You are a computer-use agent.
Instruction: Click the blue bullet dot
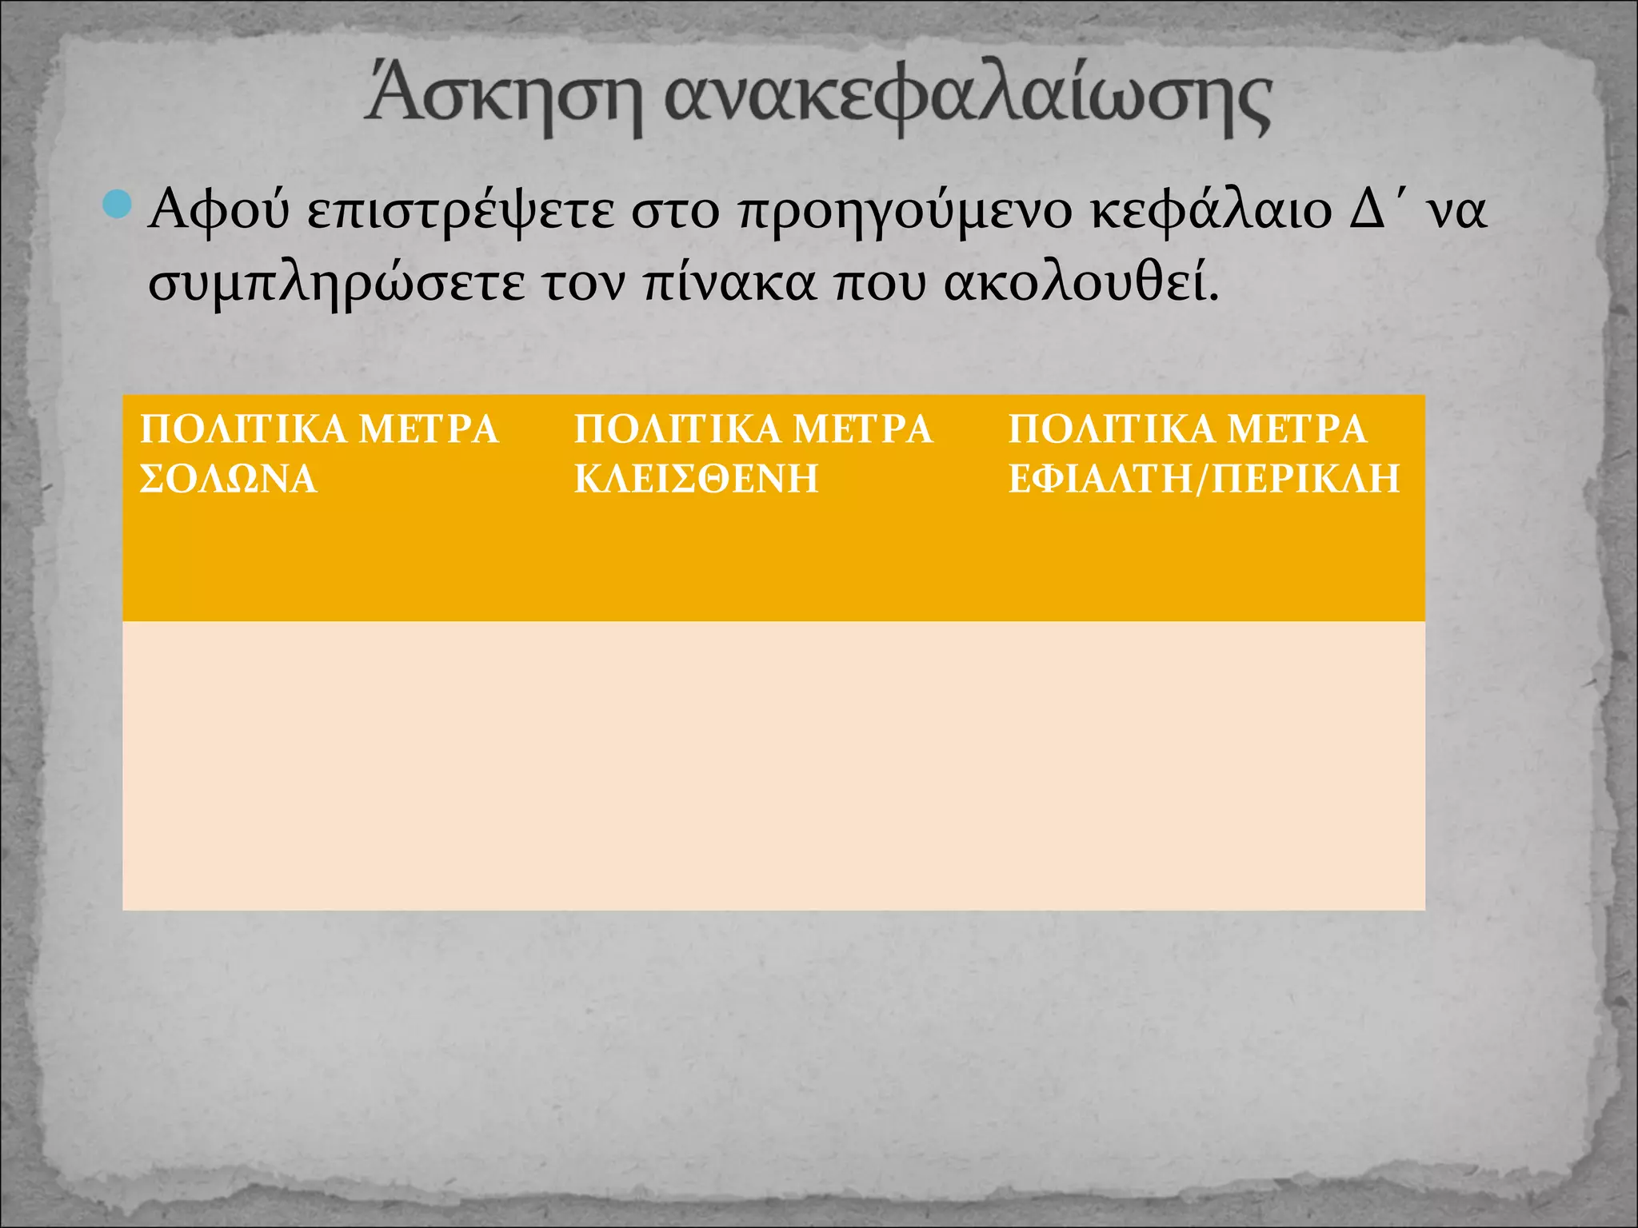click(118, 205)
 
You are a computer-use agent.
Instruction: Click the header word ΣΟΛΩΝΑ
click(229, 480)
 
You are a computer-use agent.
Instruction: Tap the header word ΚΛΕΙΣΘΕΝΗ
click(696, 480)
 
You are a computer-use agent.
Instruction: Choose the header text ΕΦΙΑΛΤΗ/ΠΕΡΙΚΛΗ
click(1204, 480)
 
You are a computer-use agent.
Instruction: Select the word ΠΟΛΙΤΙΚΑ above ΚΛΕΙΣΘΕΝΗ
click(677, 429)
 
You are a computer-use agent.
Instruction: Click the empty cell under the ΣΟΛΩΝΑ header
click(340, 765)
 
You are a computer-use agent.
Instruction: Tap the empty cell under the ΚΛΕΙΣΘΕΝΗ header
click(774, 765)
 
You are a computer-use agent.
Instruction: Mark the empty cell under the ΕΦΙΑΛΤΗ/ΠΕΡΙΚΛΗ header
click(1209, 765)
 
